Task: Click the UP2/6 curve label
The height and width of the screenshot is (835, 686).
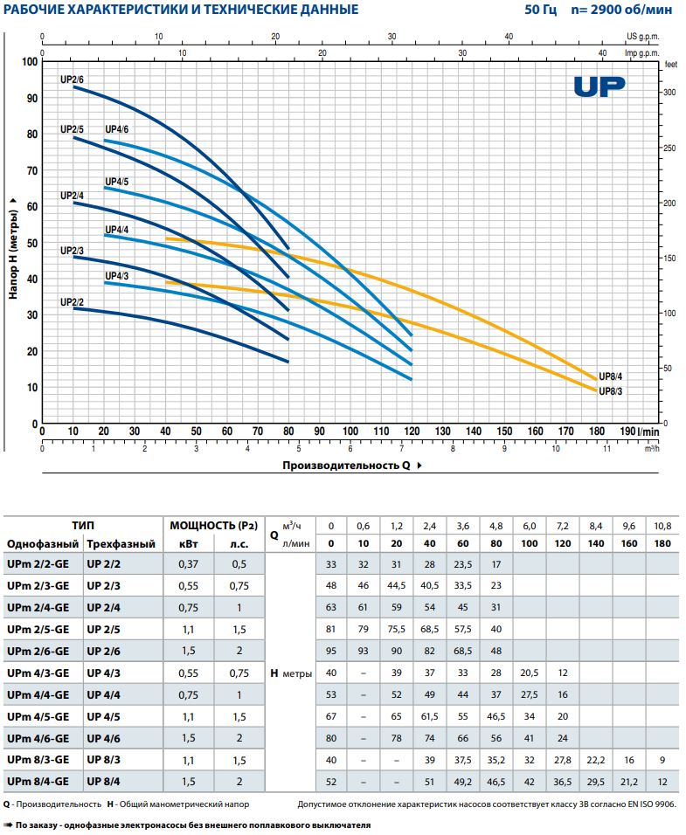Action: click(x=72, y=79)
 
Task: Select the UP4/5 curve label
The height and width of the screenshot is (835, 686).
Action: click(x=116, y=181)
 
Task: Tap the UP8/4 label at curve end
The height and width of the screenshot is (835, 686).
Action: click(x=610, y=376)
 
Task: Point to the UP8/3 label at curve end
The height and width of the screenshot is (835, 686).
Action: click(x=610, y=390)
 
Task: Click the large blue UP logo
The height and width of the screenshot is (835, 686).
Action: click(x=600, y=86)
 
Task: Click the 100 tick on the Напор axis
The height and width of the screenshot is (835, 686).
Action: click(x=31, y=62)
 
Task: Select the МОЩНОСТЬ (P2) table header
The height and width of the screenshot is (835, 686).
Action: click(x=214, y=525)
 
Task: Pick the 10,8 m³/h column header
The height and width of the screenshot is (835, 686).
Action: click(x=662, y=525)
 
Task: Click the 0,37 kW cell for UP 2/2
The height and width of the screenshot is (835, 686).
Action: click(x=188, y=565)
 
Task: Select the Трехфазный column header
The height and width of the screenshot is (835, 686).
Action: click(x=121, y=543)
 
